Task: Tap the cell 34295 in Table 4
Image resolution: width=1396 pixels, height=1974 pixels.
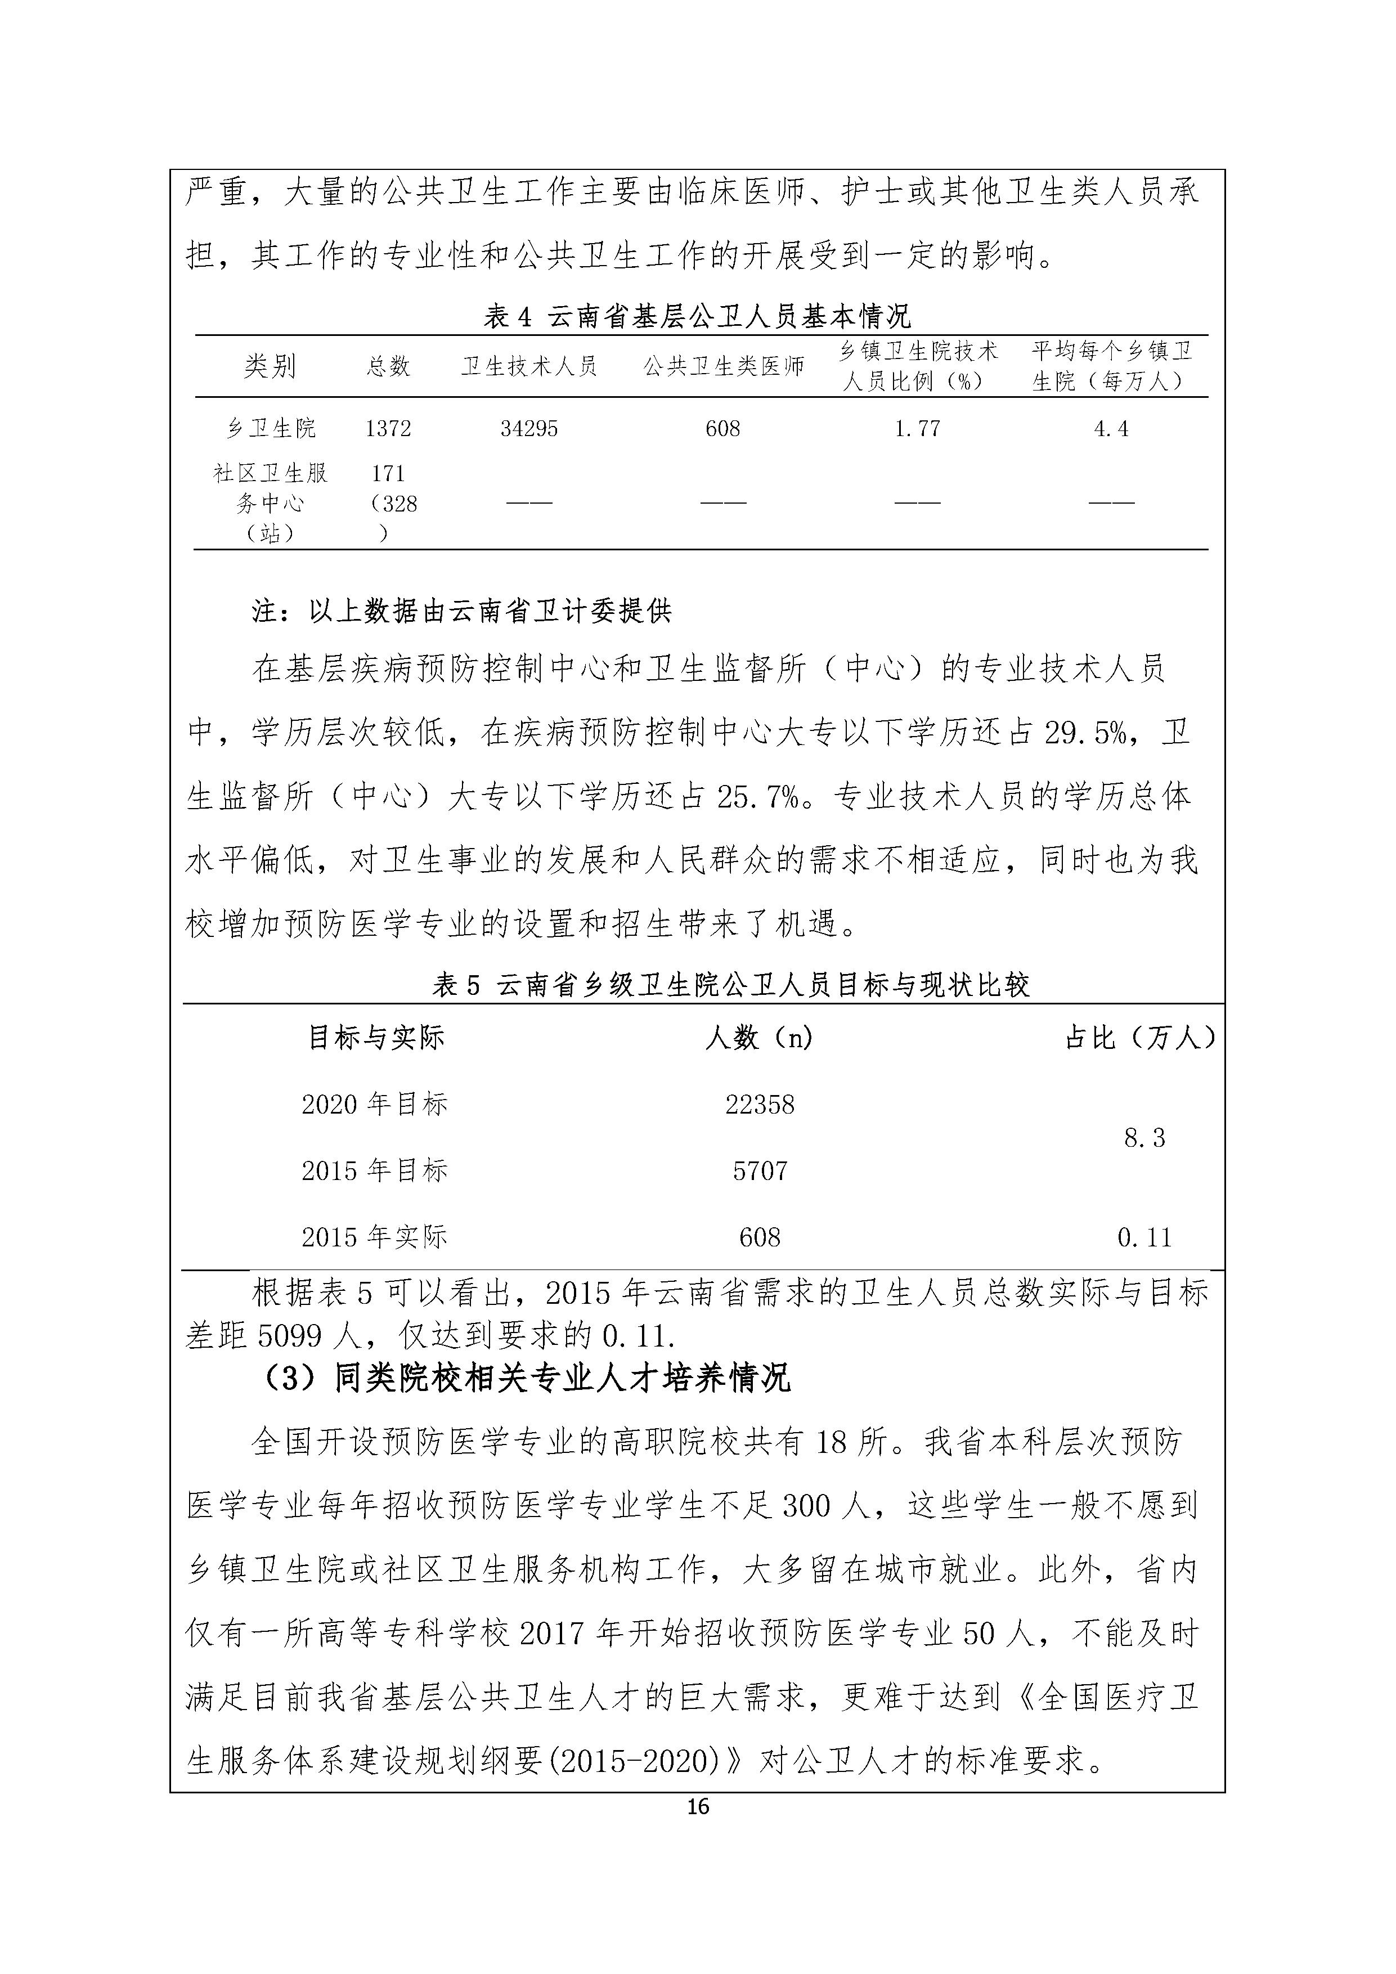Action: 529,428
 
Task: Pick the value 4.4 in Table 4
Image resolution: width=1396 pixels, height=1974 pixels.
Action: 1111,428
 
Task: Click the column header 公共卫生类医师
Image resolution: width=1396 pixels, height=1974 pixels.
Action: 723,366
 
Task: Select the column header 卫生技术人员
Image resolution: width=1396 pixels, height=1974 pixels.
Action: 529,366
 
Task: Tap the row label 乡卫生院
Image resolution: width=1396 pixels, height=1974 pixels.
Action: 270,428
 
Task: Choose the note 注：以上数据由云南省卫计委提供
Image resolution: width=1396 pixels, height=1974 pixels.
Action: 461,611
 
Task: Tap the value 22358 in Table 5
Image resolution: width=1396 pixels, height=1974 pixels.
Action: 759,1105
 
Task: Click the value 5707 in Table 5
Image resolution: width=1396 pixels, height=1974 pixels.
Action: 759,1171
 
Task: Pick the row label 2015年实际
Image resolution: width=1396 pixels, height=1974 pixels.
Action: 374,1237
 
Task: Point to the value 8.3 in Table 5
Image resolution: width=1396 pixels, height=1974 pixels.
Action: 1144,1138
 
